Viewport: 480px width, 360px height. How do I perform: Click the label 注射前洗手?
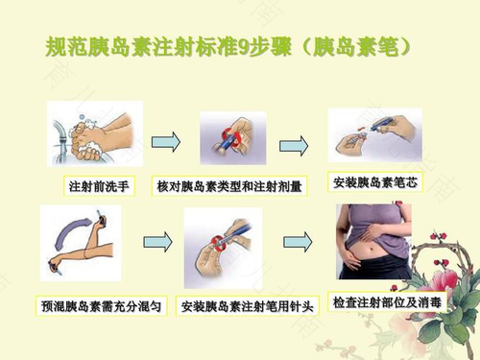pos(99,186)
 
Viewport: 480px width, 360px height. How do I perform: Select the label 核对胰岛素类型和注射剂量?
pos(229,186)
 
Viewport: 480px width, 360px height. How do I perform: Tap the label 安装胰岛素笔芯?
pos(375,182)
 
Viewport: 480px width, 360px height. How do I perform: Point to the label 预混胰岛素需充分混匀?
pos(101,306)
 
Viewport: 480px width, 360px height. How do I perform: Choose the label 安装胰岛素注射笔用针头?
pos(247,306)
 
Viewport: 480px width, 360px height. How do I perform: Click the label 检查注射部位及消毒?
pos(387,302)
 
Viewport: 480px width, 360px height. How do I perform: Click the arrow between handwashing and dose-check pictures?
pos(166,142)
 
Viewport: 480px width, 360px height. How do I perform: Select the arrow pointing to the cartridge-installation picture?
pos(294,146)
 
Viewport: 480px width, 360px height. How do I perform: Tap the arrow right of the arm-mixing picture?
pos(157,242)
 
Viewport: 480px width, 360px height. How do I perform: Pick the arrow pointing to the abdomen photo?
pos(298,242)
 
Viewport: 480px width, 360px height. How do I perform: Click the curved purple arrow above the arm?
pos(69,230)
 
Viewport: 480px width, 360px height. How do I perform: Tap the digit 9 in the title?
pos(243,47)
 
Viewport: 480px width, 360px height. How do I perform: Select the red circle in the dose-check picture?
pos(232,136)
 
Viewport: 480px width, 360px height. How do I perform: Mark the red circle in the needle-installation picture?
pos(219,244)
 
